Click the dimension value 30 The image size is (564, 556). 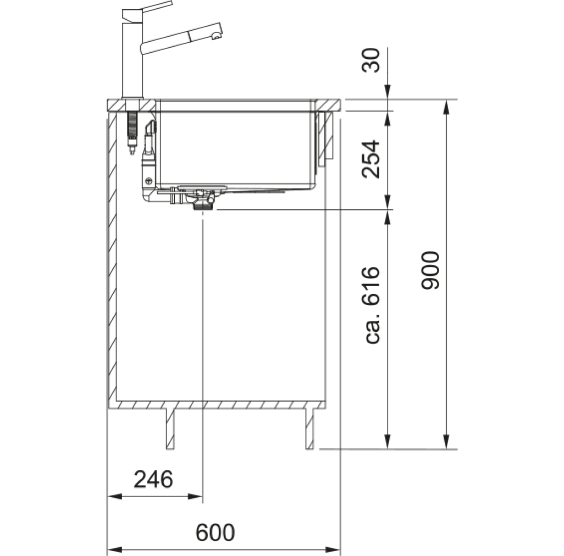coord(371,60)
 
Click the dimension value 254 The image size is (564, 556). coord(371,159)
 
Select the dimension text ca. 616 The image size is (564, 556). coord(372,305)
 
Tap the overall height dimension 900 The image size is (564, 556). coord(430,270)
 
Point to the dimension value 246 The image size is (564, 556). coord(153,480)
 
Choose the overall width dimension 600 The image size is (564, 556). coord(215,532)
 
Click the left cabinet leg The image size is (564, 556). coord(170,429)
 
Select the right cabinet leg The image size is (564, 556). coord(309,429)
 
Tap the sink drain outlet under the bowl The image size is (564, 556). coord(203,206)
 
